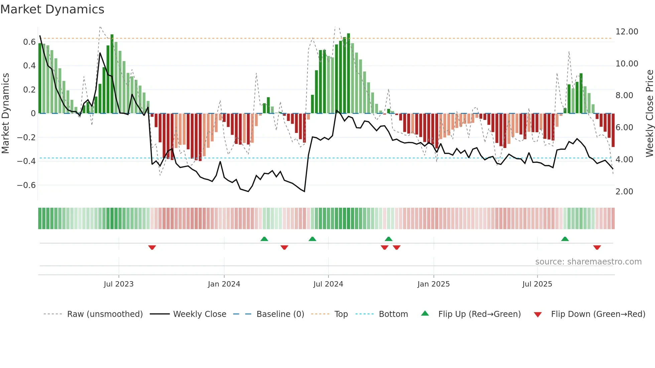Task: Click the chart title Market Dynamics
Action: tap(52, 9)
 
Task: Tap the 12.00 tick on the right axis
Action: tap(627, 32)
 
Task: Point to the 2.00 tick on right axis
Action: tap(624, 192)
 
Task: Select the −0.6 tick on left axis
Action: tap(26, 185)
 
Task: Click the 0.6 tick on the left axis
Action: tap(29, 42)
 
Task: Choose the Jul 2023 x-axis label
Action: tap(119, 284)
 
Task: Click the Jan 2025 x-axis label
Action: tap(433, 284)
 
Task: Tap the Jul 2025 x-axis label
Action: tap(537, 284)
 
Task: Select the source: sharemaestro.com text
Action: tap(588, 262)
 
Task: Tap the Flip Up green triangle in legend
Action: tap(425, 313)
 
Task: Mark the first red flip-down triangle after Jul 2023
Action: tap(152, 247)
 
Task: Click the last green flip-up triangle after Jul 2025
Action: tap(565, 239)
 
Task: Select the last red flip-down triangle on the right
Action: tap(597, 247)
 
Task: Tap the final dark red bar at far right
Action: tap(613, 130)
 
